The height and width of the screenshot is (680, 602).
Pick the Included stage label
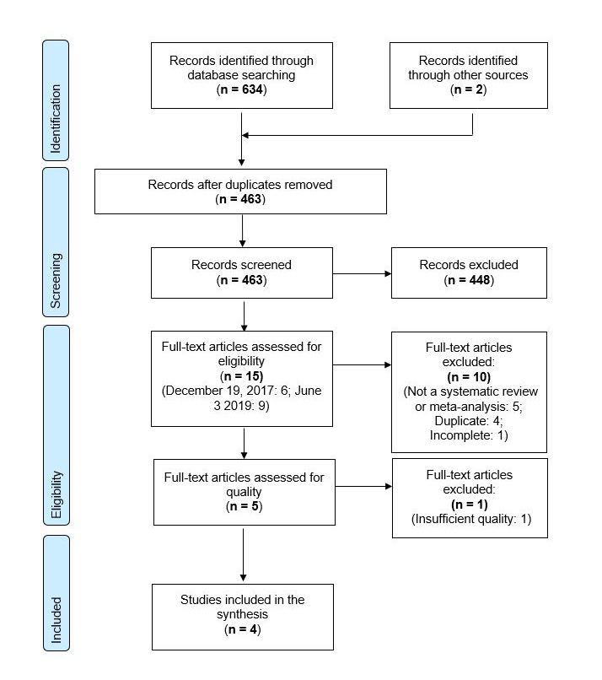coord(56,620)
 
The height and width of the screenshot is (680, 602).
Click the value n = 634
coord(241,89)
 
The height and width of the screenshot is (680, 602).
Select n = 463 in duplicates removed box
coord(241,200)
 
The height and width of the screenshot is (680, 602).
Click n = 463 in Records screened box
coord(241,279)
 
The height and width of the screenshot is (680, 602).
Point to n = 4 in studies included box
coord(241,629)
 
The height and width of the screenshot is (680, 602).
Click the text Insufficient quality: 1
coord(470,519)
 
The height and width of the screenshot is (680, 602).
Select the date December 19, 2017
coord(214,392)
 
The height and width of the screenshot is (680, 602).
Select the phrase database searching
coord(241,75)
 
